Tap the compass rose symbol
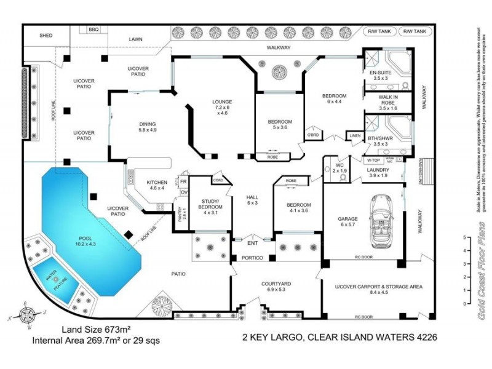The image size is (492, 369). [x=27, y=315]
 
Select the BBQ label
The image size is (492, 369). [x=93, y=30]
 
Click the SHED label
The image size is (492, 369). [x=46, y=36]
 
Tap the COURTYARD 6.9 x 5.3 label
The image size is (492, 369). [x=276, y=287]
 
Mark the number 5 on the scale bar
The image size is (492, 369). [x=464, y=237]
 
